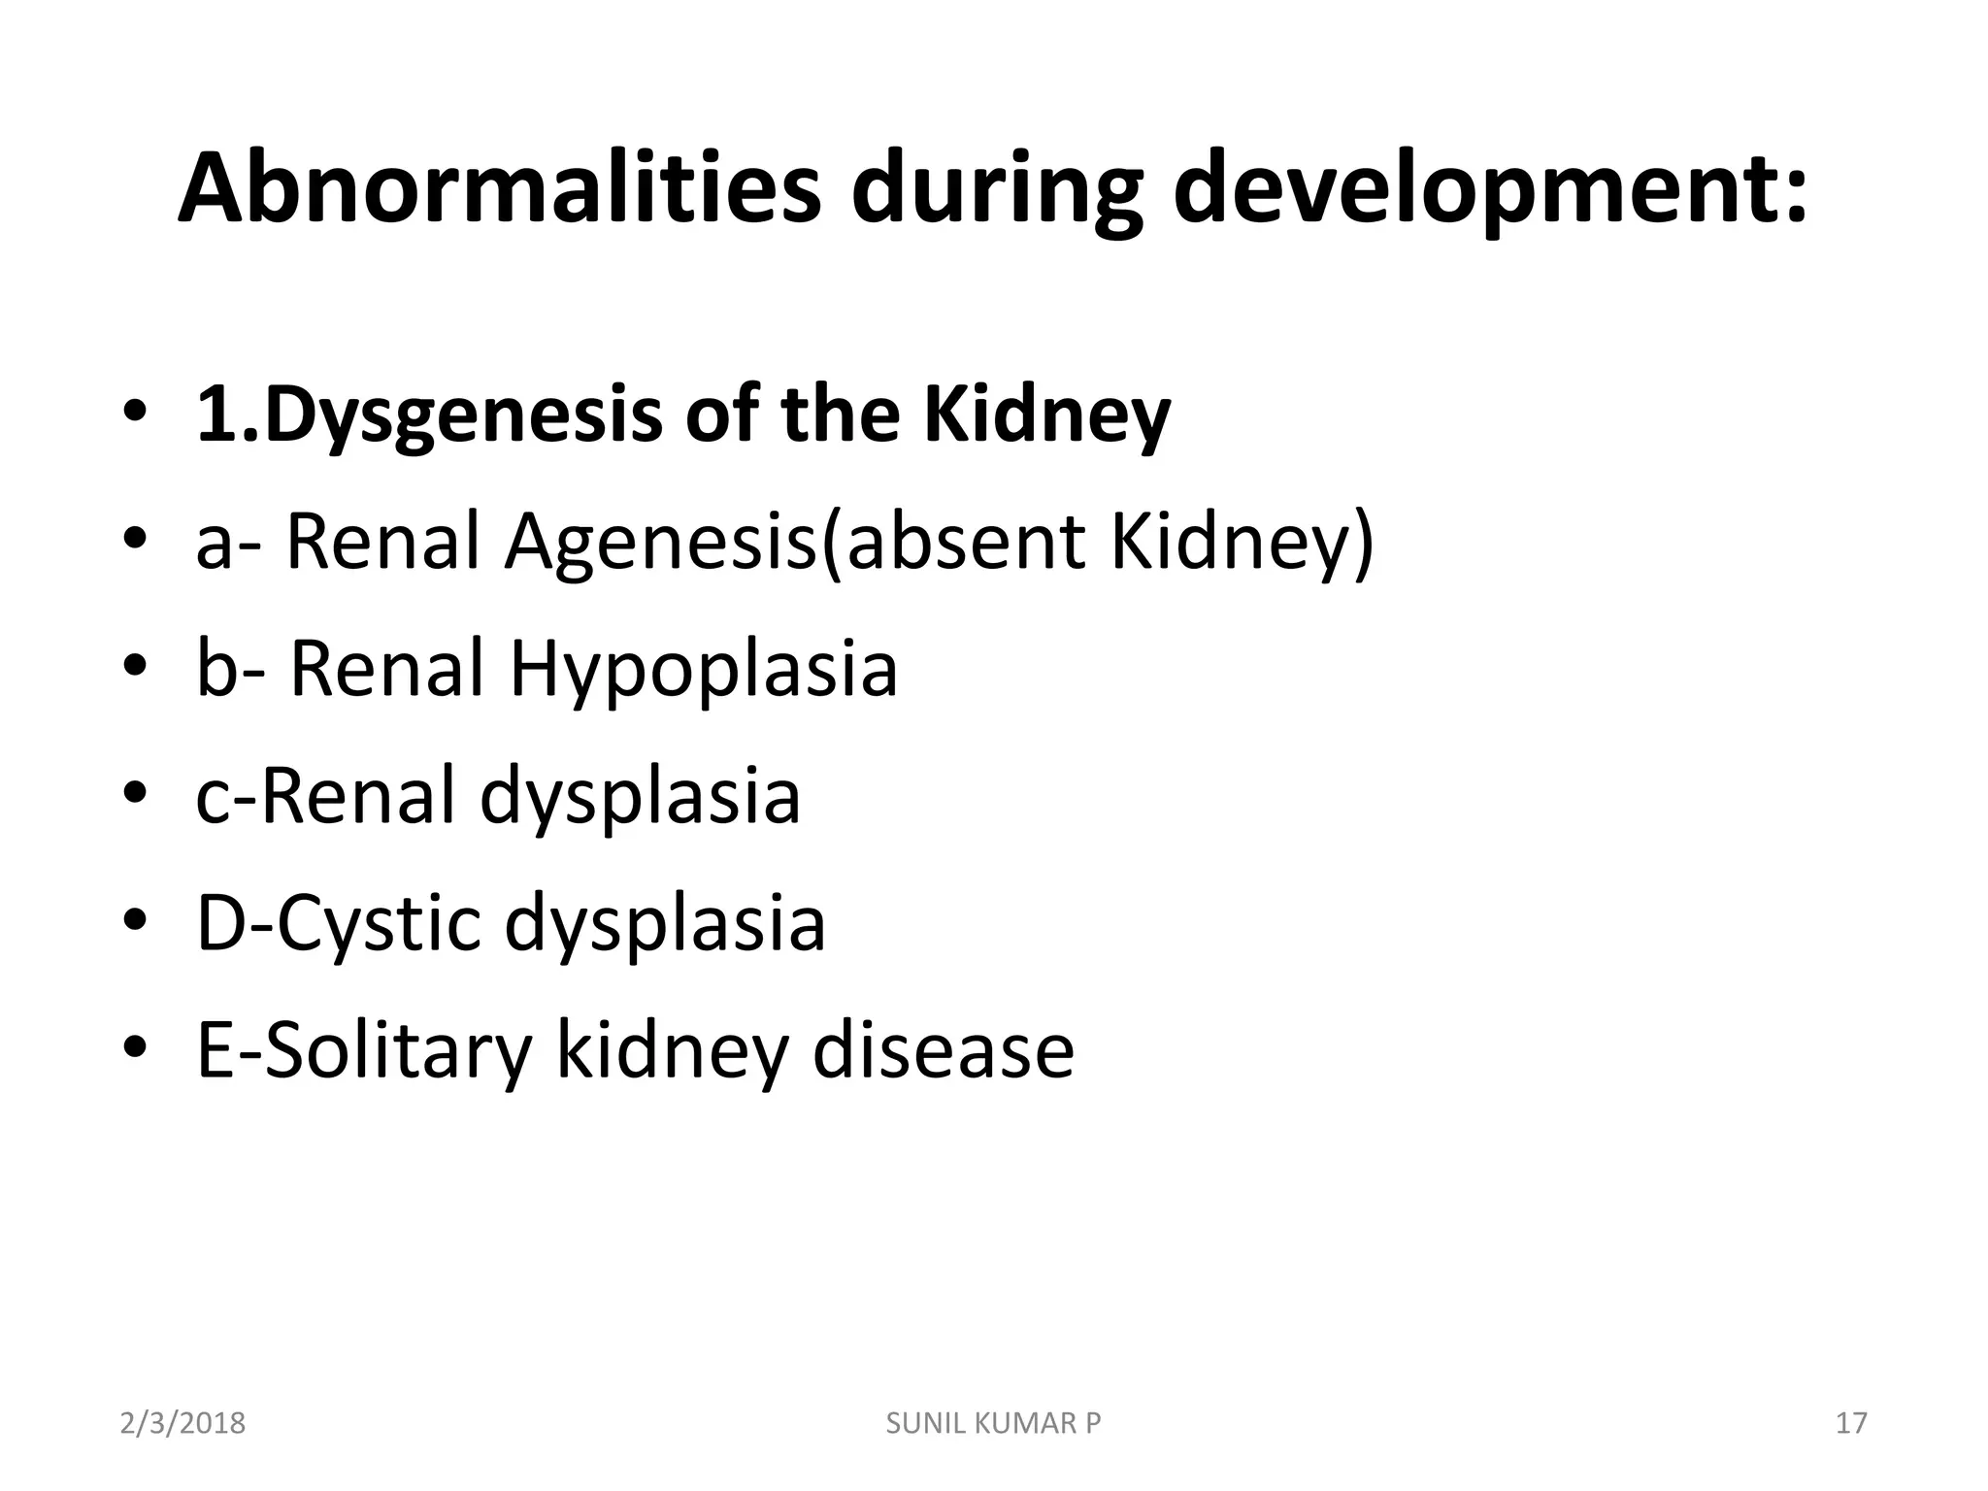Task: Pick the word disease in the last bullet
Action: pos(943,1050)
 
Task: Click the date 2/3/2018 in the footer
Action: pos(182,1423)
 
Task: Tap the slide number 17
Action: pos(1851,1423)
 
